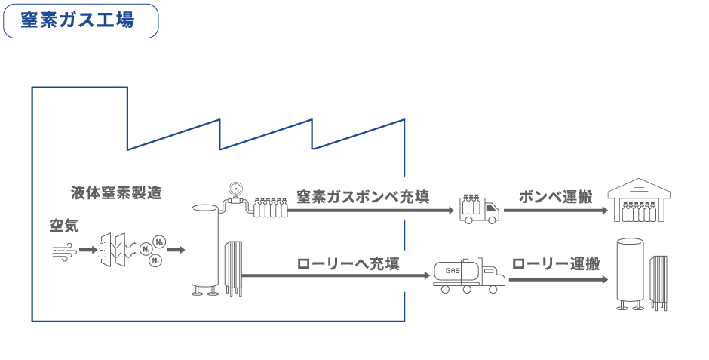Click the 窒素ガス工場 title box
[x=81, y=20]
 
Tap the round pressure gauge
[x=235, y=188]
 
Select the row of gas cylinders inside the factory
[x=270, y=207]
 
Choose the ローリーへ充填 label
[x=348, y=264]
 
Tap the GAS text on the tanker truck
[x=453, y=269]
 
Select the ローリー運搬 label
[x=556, y=264]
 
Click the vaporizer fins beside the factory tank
[x=234, y=267]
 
